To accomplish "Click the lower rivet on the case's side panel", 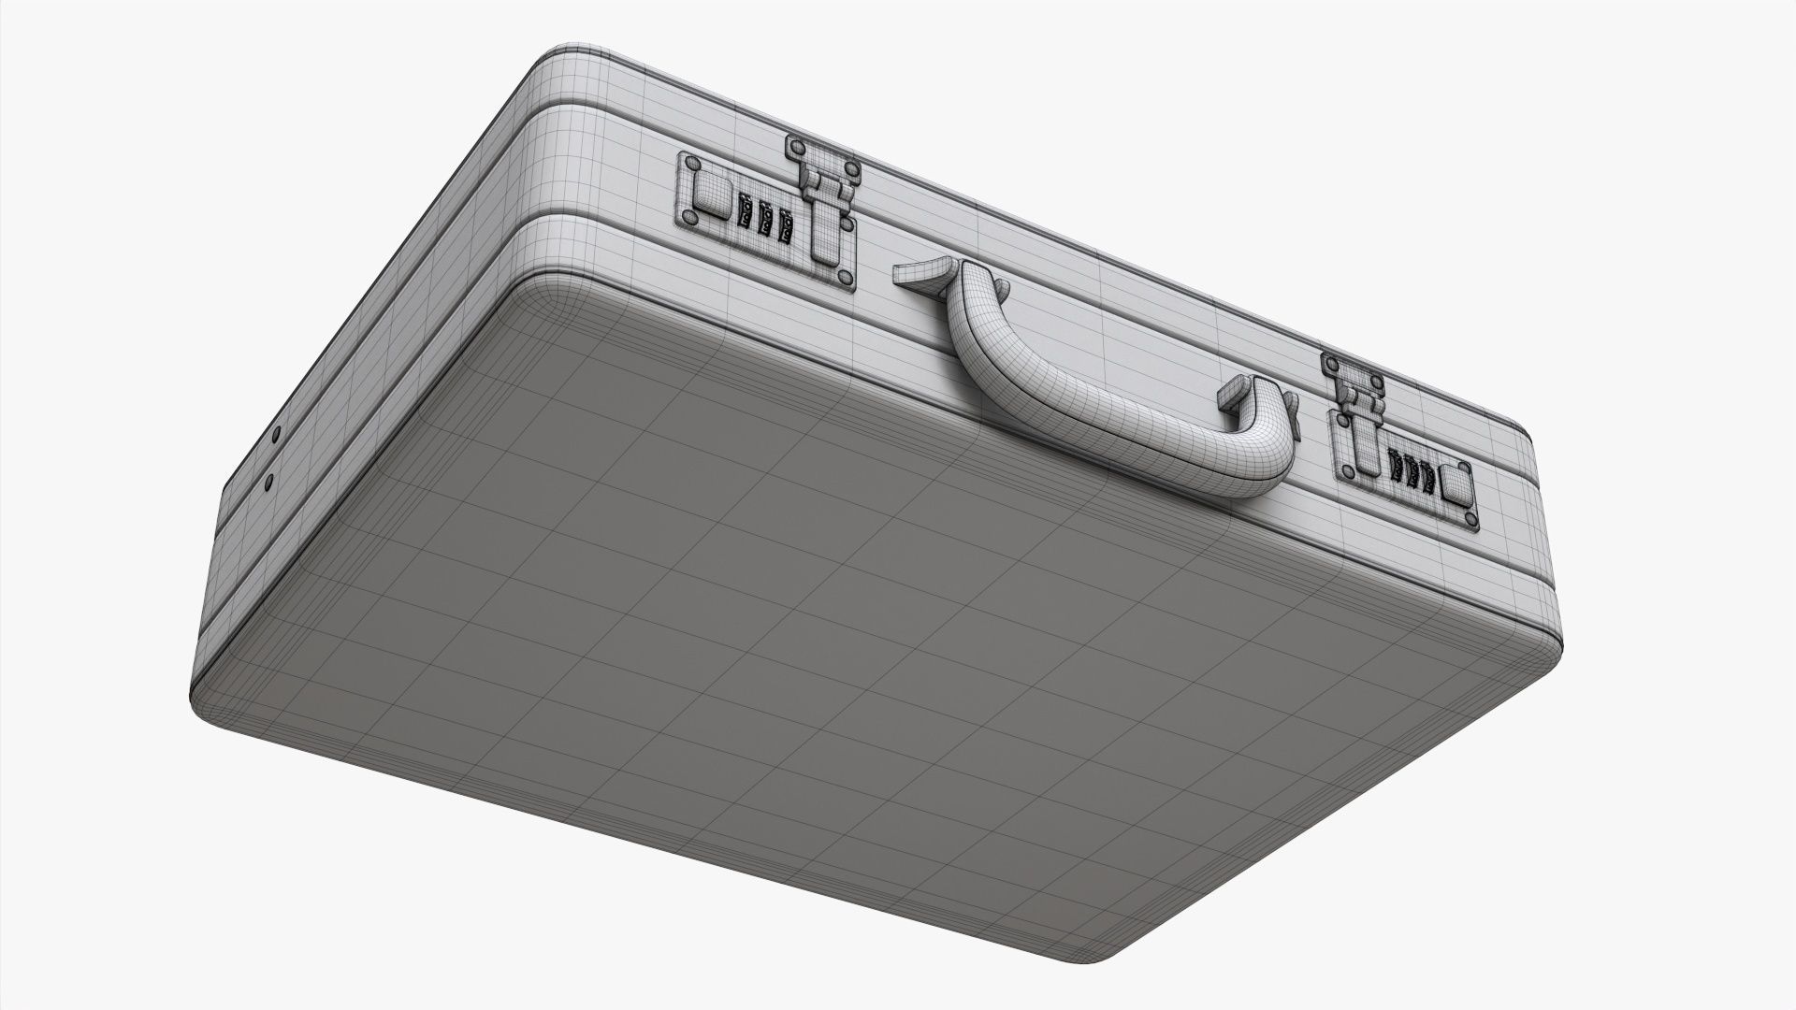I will point(269,483).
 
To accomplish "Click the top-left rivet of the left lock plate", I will point(693,164).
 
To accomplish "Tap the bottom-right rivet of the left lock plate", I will point(845,278).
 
